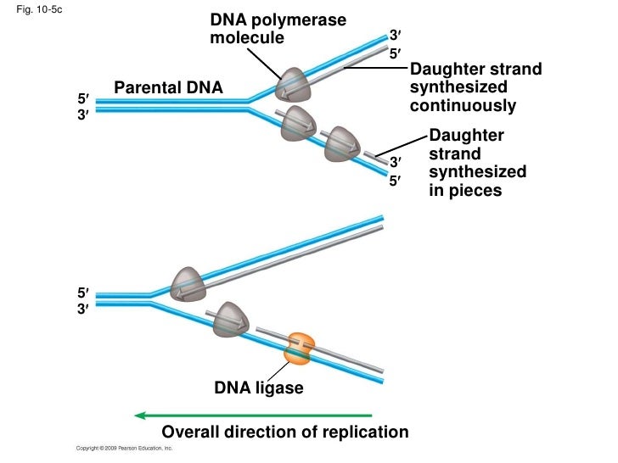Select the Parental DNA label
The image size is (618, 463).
pyautogui.click(x=168, y=87)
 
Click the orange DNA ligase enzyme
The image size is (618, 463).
pyautogui.click(x=299, y=348)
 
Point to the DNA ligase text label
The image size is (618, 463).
pyautogui.click(x=257, y=388)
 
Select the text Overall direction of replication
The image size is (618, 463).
pyautogui.click(x=284, y=432)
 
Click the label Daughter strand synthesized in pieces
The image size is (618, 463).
pyautogui.click(x=477, y=164)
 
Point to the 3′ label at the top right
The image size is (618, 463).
pyautogui.click(x=394, y=36)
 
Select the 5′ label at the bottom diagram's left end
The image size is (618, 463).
pyautogui.click(x=82, y=293)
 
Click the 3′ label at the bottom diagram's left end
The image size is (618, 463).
pyautogui.click(x=82, y=310)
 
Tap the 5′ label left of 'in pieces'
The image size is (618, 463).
pyautogui.click(x=394, y=181)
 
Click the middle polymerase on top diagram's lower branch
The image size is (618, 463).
pyautogui.click(x=300, y=122)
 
